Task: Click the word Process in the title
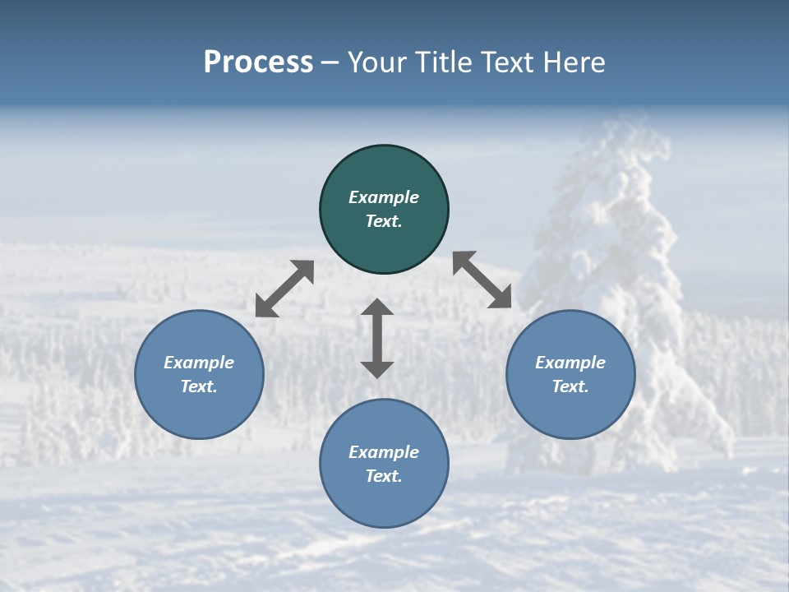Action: pos(258,62)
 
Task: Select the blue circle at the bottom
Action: pos(384,502)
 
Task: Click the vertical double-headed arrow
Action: pos(377,338)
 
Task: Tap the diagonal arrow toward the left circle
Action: pos(284,289)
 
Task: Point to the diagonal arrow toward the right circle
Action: pos(482,280)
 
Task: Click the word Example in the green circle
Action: pos(384,197)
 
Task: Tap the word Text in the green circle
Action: pos(384,221)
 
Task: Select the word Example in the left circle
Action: pos(199,363)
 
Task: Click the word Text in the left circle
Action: pos(199,386)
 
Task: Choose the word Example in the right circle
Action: pos(570,363)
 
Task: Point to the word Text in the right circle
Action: pos(570,386)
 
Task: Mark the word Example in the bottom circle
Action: pos(384,452)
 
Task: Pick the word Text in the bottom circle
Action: pos(384,476)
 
